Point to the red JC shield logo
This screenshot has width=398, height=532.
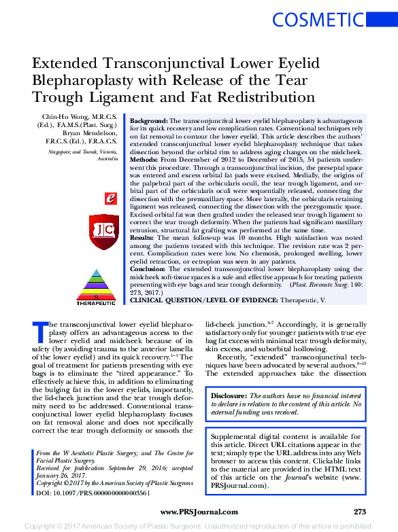tap(104, 232)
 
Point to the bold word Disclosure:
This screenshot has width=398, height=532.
tap(229, 395)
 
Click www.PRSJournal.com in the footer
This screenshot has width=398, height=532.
tap(199, 512)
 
